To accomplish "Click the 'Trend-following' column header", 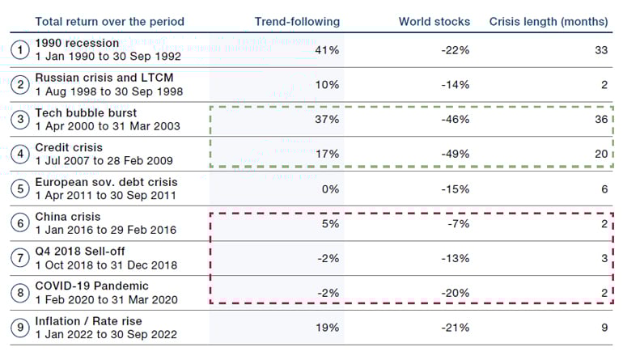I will [297, 21].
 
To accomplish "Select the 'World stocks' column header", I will [434, 21].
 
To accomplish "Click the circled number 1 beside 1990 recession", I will [19, 50].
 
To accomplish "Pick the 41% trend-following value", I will [327, 50].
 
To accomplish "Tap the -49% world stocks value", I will [456, 154].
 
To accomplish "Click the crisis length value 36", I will [600, 119].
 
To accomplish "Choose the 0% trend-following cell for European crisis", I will [331, 189].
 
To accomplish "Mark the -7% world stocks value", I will [458, 224].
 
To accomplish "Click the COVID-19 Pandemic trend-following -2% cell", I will [328, 294].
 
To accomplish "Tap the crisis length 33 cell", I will [600, 50].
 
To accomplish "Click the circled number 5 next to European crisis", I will [19, 189].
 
